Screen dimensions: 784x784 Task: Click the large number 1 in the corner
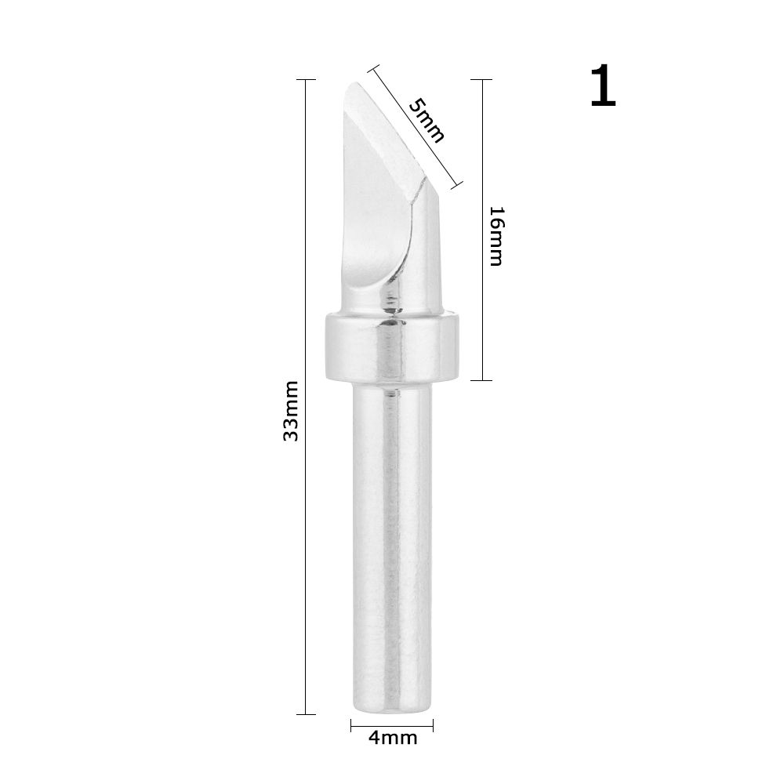click(603, 88)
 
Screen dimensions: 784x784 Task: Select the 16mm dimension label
click(495, 236)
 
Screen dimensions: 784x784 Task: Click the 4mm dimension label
click(391, 738)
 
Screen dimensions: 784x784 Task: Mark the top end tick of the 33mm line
click(305, 80)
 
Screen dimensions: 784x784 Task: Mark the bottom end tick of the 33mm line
click(305, 713)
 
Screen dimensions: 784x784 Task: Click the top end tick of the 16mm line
click(481, 80)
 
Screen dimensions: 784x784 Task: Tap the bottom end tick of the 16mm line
click(481, 380)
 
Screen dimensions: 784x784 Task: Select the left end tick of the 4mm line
click(350, 724)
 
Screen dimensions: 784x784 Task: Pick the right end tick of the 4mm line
click(433, 724)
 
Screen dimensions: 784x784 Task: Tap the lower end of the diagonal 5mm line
click(457, 187)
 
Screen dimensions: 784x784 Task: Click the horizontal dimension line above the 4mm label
click(391, 724)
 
